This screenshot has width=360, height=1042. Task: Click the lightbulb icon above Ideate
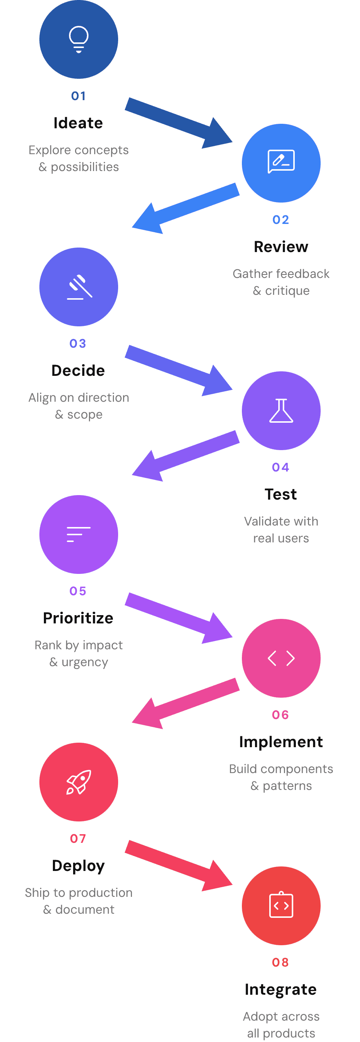pos(78,39)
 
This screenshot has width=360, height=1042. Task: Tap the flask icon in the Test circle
pos(281,411)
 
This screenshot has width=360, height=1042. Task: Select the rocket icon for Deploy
pos(78,782)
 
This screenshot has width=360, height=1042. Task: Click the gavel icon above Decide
pos(79,287)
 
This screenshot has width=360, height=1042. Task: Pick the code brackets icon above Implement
pos(281,658)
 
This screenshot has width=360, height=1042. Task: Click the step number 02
pos(281,220)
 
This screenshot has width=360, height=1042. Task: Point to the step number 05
pos(78,591)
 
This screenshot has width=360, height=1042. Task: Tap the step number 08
pos(281,962)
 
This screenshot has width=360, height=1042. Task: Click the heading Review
pos(281,247)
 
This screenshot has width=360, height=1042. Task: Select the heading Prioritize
pos(78,618)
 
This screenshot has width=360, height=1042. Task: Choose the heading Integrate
pos(281,989)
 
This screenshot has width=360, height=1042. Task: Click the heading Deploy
pos(78,866)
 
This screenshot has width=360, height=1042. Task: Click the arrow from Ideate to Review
pos(178,123)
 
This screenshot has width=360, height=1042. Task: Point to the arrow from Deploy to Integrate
pos(178,865)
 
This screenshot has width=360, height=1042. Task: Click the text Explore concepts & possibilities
pos(78,158)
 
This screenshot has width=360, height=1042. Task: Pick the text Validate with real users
pos(281,530)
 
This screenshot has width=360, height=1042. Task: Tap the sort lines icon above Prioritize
pos(78,535)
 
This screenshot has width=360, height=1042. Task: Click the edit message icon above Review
pos(281,161)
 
